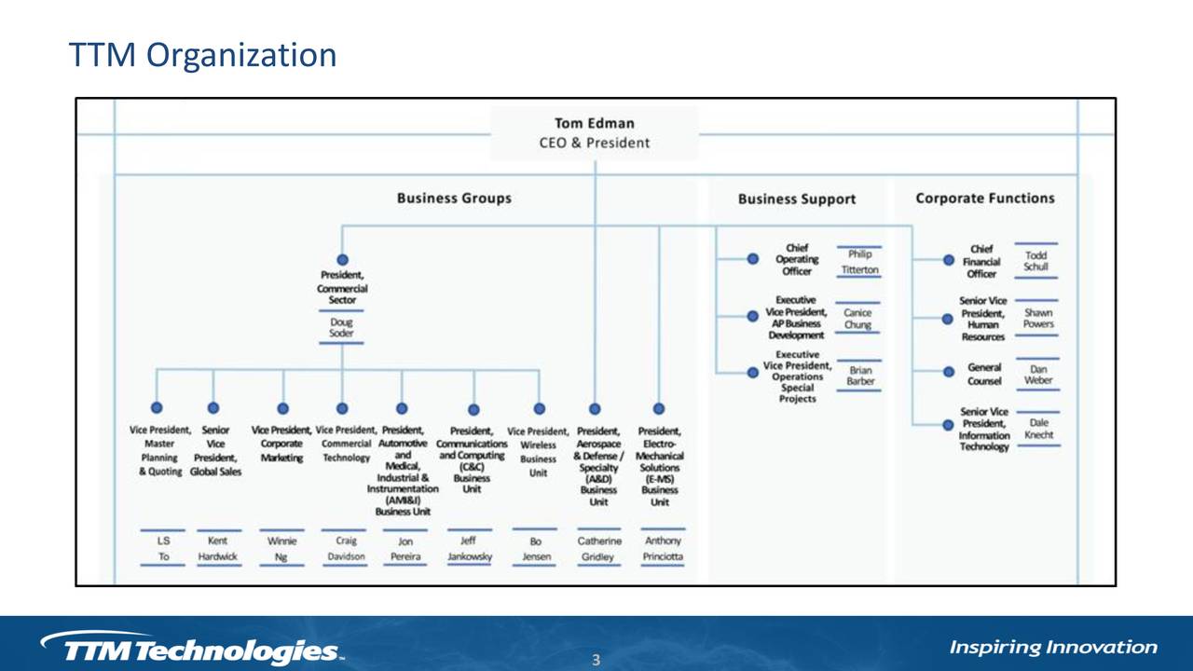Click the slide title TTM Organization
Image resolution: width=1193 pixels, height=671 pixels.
pos(202,55)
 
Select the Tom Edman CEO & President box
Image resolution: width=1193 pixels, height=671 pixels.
pos(595,132)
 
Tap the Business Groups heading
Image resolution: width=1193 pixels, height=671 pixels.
pos(454,198)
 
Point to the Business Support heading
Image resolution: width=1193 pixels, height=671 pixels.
pos(796,199)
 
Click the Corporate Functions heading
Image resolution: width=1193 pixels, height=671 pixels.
pos(984,198)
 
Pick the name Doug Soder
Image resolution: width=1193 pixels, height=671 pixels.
pos(341,327)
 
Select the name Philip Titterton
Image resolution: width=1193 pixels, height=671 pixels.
pos(859,261)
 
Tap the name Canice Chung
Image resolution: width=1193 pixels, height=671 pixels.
pos(857,319)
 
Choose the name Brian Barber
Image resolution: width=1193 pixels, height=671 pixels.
pos(860,376)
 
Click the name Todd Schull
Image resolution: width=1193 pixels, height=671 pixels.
pos(1035,260)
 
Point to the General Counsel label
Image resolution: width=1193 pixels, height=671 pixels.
pos(984,374)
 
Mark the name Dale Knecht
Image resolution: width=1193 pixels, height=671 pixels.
pos(1038,429)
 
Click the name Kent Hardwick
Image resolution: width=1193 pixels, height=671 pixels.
pos(218,548)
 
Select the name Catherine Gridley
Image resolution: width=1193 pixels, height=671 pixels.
pos(598,548)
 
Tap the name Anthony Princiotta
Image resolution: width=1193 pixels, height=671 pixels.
pos(662,548)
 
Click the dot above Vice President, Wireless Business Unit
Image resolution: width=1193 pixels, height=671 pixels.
pos(539,408)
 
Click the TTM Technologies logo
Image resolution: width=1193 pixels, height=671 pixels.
pos(191,648)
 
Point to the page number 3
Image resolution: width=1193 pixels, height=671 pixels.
pos(596,661)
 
